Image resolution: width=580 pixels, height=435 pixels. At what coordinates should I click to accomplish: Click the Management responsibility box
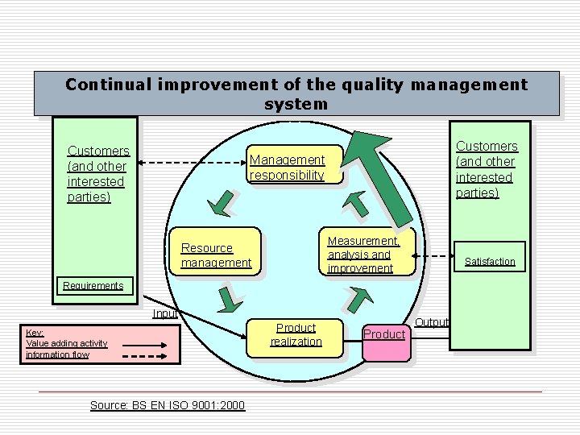tap(287, 168)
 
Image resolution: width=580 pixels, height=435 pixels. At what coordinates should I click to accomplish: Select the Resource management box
tap(217, 255)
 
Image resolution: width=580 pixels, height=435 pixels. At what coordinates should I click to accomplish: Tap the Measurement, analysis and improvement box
tap(363, 255)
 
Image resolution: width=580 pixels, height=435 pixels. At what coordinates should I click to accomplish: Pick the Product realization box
tap(296, 334)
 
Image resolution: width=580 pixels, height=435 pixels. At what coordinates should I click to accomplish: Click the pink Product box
tap(384, 334)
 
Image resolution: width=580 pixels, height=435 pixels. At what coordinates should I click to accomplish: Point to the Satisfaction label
tap(490, 262)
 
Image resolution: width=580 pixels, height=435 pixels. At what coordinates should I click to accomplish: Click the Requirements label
tap(93, 286)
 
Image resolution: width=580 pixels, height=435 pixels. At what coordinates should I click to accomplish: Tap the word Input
tap(165, 313)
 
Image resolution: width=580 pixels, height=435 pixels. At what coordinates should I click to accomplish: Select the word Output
tap(432, 322)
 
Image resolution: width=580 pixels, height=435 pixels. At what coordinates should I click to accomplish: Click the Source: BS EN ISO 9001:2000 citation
tap(168, 405)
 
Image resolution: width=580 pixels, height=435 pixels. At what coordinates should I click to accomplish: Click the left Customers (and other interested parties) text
tap(97, 174)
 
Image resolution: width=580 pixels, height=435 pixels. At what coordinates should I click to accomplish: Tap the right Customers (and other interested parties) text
tap(487, 169)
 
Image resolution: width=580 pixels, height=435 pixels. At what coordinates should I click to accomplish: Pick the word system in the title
tap(296, 104)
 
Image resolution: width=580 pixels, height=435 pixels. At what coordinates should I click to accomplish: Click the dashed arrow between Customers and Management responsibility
tap(188, 163)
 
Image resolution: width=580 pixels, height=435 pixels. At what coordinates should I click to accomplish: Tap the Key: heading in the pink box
tap(35, 332)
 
